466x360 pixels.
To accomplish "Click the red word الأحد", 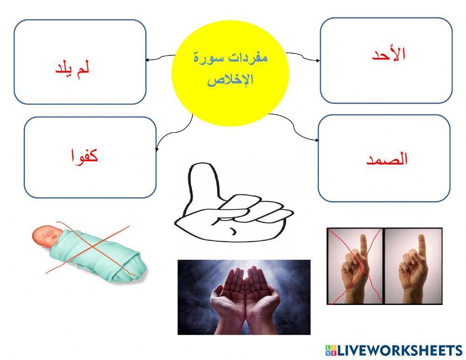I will coord(389,55).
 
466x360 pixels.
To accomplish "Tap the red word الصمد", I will coord(387,159).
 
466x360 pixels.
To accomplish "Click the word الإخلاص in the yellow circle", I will coord(230,80).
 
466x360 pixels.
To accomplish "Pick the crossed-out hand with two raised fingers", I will coord(355,266).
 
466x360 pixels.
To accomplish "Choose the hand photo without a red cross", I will coord(413,266).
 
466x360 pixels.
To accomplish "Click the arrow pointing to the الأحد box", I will coord(317,60).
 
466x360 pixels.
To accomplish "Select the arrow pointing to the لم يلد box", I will coord(149,60).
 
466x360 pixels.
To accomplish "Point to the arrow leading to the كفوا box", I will coord(157,148).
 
